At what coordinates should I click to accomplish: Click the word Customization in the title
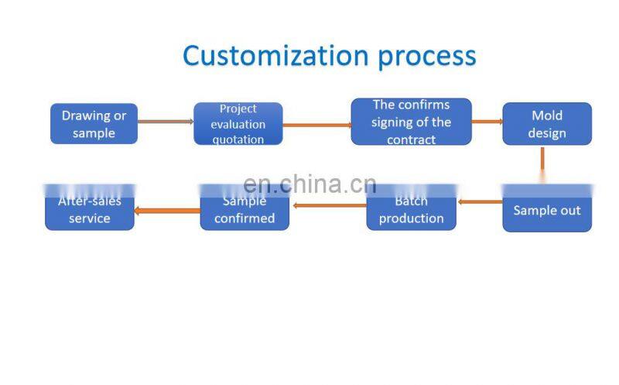click(x=259, y=56)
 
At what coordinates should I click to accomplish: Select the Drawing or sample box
click(x=94, y=124)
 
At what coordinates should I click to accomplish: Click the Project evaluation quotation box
click(x=238, y=124)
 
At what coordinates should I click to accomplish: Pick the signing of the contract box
click(x=411, y=122)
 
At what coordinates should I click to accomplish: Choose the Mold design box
click(x=547, y=124)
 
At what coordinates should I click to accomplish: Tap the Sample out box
click(x=547, y=209)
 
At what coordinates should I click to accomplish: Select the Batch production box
click(x=411, y=210)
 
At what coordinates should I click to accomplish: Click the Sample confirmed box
click(x=245, y=210)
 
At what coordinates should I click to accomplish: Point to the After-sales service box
click(x=90, y=210)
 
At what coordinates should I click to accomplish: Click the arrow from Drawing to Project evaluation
click(x=166, y=122)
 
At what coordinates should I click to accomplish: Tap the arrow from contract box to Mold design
click(x=487, y=122)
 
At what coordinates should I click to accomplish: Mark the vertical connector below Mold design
click(x=542, y=160)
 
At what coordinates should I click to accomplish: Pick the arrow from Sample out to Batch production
click(x=480, y=202)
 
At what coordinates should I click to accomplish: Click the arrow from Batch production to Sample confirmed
click(x=329, y=205)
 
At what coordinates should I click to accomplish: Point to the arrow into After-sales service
click(x=167, y=209)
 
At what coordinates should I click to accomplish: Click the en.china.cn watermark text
click(x=309, y=184)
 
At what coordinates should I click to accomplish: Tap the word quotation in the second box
click(x=238, y=140)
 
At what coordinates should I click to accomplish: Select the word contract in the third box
click(x=411, y=139)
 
